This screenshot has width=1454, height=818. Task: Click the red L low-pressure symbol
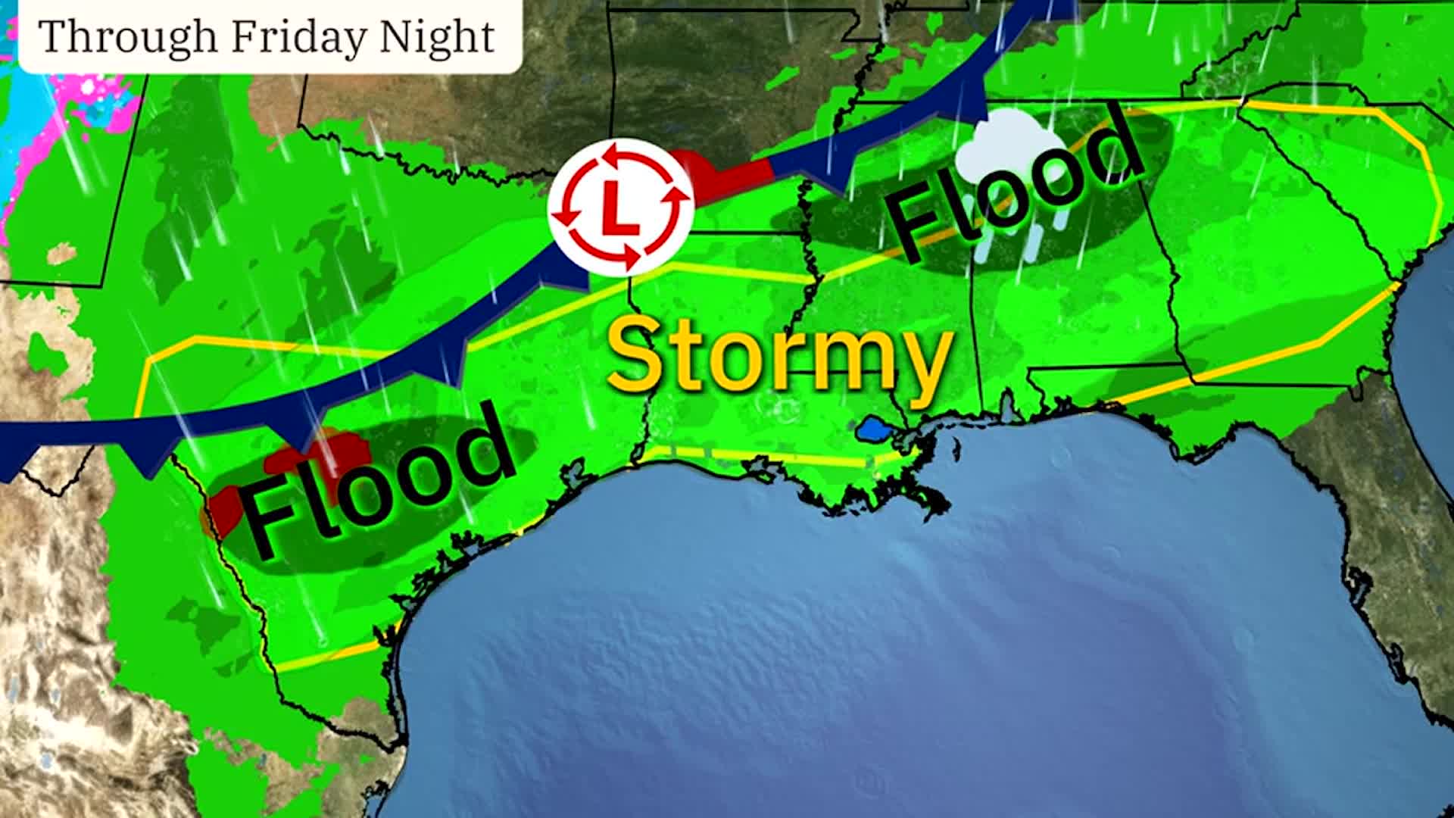(620, 206)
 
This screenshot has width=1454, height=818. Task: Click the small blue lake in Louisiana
(875, 430)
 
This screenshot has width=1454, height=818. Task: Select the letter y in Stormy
(921, 367)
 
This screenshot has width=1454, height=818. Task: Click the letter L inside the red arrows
(619, 208)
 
